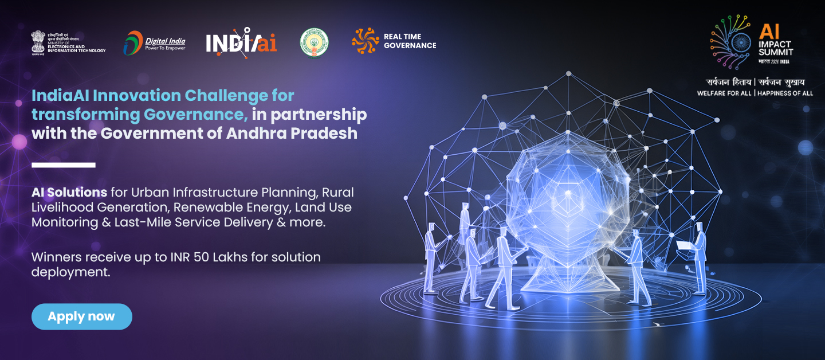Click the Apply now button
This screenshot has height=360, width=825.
click(81, 316)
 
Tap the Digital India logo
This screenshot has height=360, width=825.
click(154, 43)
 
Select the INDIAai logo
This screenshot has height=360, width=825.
click(241, 42)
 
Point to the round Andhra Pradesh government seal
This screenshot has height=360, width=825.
click(314, 42)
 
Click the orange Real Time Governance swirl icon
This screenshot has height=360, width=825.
click(365, 41)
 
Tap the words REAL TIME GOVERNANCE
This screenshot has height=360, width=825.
click(410, 41)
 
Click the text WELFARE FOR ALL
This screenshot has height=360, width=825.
click(724, 93)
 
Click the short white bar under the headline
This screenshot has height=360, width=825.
click(63, 165)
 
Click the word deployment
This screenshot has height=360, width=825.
click(70, 272)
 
